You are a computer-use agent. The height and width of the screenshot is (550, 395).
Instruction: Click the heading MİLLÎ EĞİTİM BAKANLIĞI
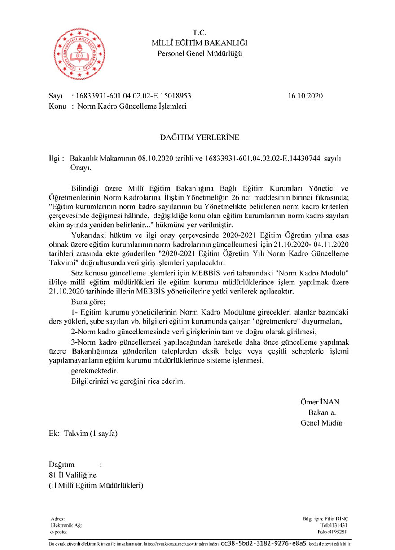click(x=200, y=43)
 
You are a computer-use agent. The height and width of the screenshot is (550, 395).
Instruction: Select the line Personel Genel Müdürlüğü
click(x=200, y=54)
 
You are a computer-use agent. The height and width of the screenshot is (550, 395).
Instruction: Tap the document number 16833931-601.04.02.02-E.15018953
click(x=134, y=96)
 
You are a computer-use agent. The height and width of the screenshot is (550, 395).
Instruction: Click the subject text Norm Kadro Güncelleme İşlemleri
click(x=132, y=106)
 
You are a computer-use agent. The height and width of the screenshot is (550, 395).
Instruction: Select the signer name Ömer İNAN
click(x=320, y=402)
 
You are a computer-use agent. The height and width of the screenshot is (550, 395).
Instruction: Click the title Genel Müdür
click(x=321, y=422)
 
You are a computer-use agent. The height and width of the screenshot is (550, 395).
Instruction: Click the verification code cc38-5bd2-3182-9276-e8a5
click(x=263, y=543)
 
